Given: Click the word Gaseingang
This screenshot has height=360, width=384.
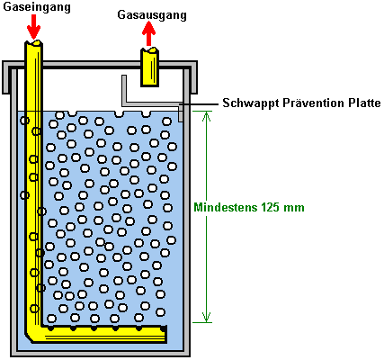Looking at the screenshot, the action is point(37,7).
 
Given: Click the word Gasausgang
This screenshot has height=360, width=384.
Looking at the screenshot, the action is point(152,15).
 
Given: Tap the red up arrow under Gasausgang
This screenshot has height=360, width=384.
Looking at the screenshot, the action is point(149,34).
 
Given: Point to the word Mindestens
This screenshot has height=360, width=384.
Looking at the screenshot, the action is point(226,207).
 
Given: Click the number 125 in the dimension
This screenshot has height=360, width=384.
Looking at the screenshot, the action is point(271,207).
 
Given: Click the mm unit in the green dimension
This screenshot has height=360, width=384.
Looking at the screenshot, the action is point(294,208).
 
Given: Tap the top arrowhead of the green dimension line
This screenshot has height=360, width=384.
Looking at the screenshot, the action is point(206,116).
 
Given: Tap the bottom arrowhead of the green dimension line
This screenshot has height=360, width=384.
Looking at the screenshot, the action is point(206,318).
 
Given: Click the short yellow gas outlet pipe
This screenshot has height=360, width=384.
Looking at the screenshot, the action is point(149,67).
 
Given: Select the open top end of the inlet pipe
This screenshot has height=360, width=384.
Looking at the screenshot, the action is point(33,43).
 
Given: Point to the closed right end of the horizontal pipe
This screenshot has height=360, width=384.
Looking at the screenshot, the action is point(165,333).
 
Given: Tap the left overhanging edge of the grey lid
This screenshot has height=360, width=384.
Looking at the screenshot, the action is point(6,77).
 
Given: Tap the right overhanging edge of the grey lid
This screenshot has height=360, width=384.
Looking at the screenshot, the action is point(193,77).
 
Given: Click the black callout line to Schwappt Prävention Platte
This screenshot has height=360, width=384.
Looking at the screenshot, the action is point(199,104).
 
